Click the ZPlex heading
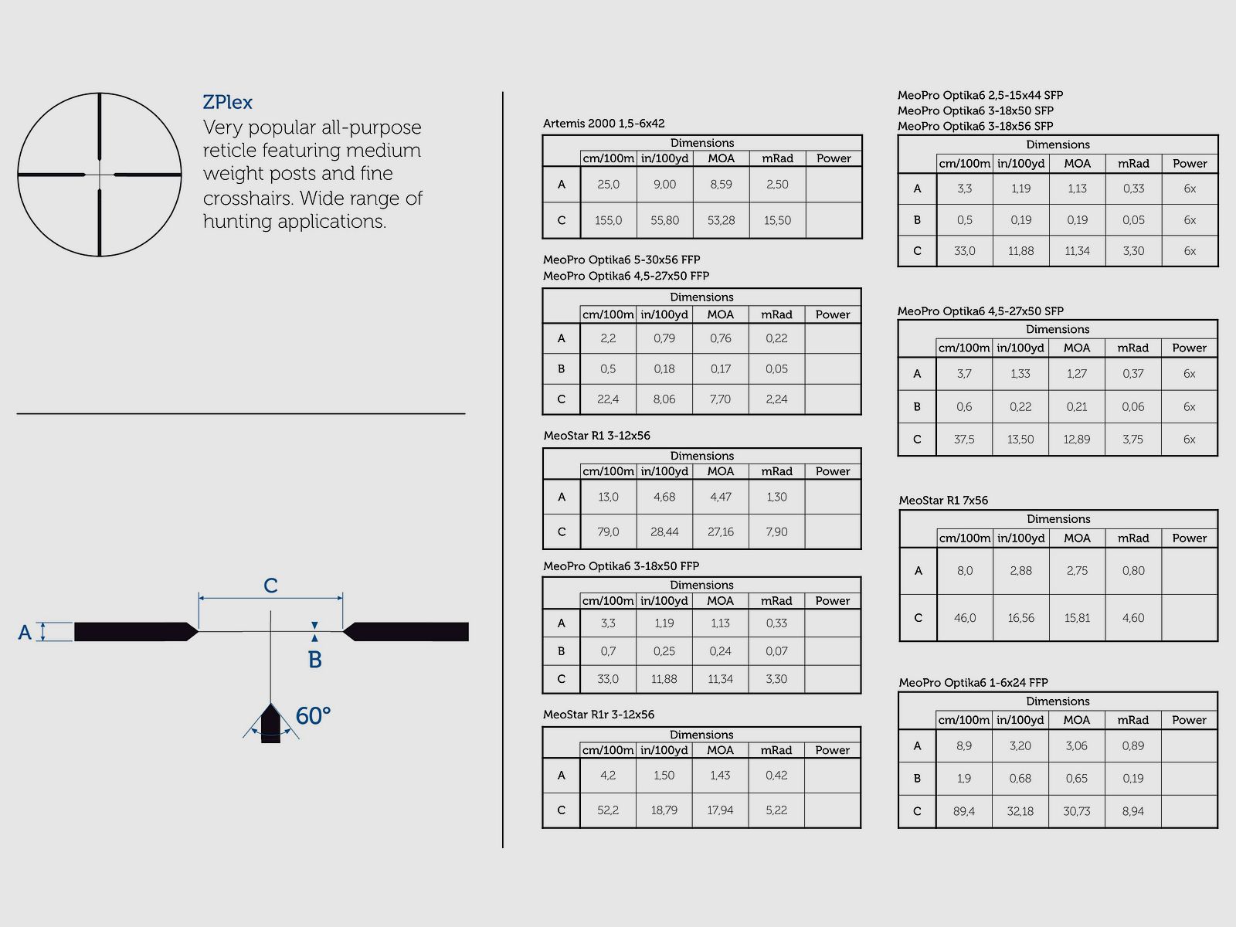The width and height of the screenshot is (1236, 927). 227,102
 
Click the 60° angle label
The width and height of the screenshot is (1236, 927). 313,716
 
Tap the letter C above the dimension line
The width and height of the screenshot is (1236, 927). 270,586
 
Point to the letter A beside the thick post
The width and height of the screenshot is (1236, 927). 25,633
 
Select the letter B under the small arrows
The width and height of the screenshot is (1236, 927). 314,660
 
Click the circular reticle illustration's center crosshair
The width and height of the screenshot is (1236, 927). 100,175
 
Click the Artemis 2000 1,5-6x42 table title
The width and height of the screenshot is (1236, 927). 603,124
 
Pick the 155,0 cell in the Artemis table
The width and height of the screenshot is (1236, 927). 608,220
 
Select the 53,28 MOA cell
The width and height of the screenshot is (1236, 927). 721,220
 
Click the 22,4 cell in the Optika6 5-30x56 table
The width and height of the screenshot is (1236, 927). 608,399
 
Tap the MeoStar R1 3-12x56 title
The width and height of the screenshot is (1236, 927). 596,436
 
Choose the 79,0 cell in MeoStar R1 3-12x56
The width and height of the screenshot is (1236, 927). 608,531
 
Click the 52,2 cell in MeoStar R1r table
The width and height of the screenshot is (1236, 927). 608,810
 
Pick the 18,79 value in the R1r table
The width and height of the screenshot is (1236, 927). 664,810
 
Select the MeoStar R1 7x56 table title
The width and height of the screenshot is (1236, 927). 943,501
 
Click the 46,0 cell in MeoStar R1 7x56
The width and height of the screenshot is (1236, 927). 965,618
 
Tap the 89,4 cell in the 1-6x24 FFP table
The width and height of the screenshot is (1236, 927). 964,811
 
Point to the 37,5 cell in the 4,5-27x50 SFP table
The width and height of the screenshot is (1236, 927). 964,439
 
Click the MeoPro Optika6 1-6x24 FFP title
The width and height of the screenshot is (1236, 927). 973,683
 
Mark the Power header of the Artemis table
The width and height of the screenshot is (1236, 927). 834,158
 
